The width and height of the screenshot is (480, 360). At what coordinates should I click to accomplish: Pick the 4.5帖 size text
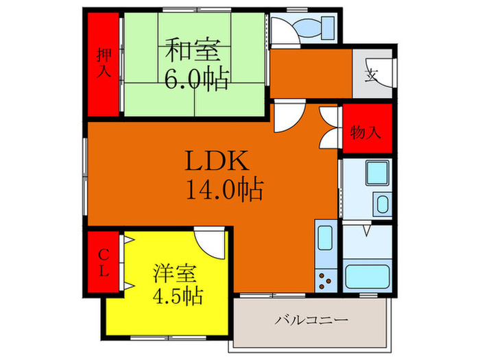[x=177, y=298]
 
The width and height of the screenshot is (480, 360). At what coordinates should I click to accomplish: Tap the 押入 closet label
[x=104, y=64]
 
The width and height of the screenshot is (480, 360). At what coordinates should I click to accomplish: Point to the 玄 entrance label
[x=371, y=73]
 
